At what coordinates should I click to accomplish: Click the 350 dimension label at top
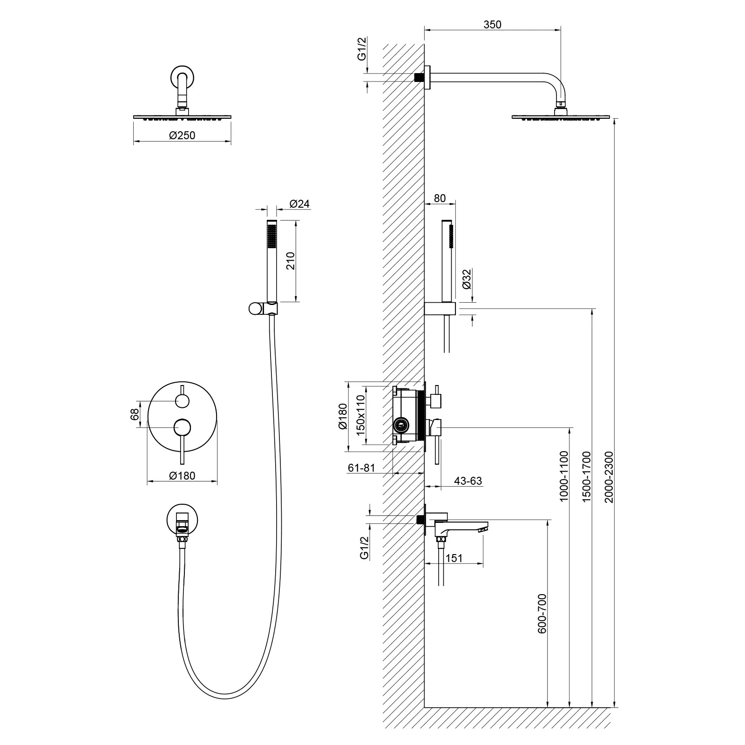point(492,25)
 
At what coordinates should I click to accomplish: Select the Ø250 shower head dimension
point(182,135)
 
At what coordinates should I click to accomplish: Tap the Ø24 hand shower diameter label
point(299,204)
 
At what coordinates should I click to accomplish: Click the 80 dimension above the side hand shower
point(440,198)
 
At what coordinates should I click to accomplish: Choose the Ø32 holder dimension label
point(467,279)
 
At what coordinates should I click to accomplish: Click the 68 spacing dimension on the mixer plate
point(135,414)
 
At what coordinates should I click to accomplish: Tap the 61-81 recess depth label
point(361,468)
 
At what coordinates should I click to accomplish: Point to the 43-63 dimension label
point(467,481)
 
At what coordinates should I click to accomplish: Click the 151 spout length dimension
point(454,558)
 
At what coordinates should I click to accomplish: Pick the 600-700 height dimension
point(542,613)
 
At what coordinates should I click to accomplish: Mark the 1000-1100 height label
point(564,476)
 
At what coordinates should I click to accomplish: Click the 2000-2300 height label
point(609,476)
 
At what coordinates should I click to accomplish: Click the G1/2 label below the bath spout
point(364,547)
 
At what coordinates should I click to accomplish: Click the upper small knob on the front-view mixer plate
point(182,400)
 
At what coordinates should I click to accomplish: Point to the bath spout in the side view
point(461,525)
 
